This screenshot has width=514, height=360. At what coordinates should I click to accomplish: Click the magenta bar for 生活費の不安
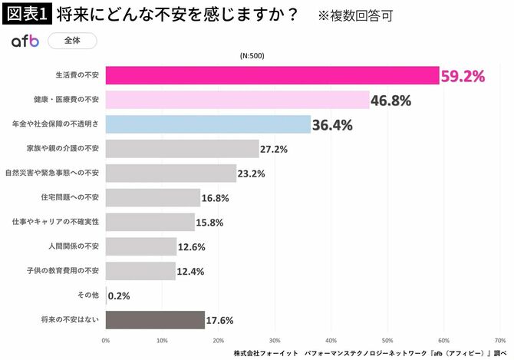click(x=272, y=75)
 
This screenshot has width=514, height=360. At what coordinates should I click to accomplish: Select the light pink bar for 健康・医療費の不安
click(x=237, y=100)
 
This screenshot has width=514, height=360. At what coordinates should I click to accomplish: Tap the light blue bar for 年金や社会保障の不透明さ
click(x=208, y=124)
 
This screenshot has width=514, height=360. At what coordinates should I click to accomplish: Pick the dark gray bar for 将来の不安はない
click(x=155, y=320)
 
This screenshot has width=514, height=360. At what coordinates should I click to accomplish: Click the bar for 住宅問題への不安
click(x=153, y=198)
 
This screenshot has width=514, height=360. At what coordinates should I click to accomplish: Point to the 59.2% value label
click(x=463, y=76)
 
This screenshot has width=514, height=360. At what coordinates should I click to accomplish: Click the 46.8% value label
click(x=391, y=101)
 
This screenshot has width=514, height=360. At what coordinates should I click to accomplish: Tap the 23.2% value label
click(x=251, y=173)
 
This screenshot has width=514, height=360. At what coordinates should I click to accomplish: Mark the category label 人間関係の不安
click(x=75, y=246)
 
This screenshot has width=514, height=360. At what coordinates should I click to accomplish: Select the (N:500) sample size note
click(x=254, y=56)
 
